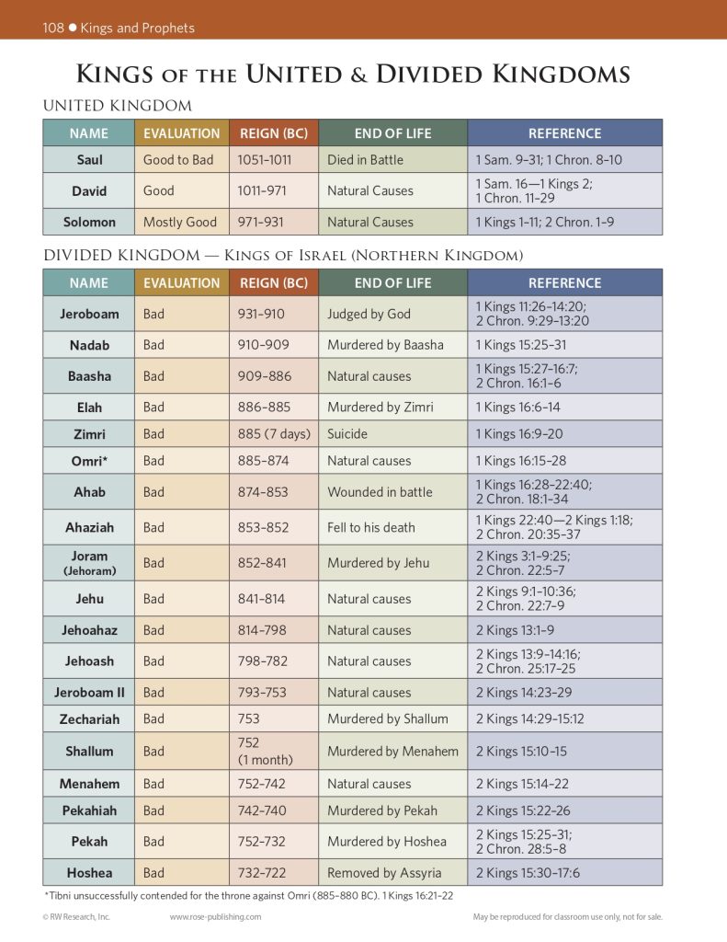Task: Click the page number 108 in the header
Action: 53,28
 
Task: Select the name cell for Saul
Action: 89,160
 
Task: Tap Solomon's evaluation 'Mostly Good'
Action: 180,222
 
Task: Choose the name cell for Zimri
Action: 89,433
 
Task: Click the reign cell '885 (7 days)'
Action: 274,433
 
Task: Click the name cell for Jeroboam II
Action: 89,693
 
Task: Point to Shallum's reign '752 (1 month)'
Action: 266,751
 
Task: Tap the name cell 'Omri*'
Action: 89,460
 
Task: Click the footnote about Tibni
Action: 247,895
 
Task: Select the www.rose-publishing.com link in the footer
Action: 216,917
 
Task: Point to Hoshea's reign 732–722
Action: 262,873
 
